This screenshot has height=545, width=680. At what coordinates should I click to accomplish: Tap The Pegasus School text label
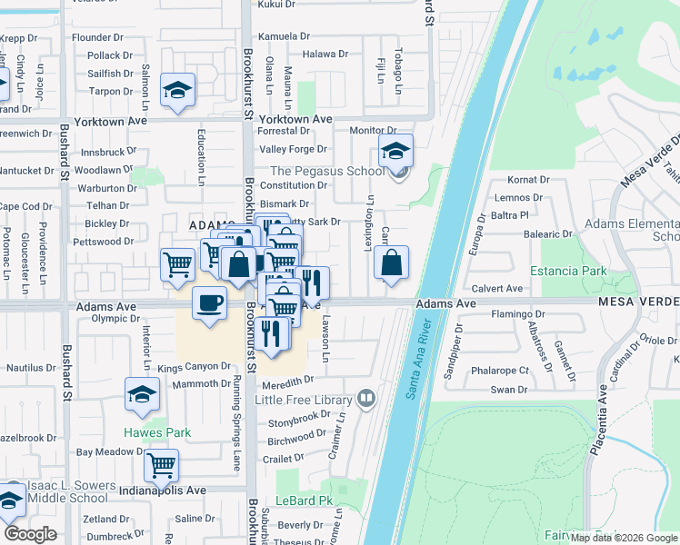[327, 172]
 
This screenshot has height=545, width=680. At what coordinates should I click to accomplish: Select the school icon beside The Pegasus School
[395, 152]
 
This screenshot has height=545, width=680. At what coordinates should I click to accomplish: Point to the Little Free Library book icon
[365, 397]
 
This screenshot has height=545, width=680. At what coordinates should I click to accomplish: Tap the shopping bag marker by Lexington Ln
[391, 264]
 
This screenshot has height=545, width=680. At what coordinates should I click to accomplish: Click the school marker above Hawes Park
[142, 394]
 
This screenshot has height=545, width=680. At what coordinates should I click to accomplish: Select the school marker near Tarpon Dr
[177, 90]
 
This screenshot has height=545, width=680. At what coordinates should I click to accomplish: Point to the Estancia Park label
[569, 271]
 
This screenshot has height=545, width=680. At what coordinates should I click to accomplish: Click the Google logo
[30, 534]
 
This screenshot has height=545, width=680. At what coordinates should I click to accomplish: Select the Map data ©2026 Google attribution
[624, 538]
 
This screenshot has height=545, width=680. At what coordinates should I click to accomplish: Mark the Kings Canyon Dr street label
[195, 367]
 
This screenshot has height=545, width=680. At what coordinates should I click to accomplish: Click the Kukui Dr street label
[277, 5]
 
